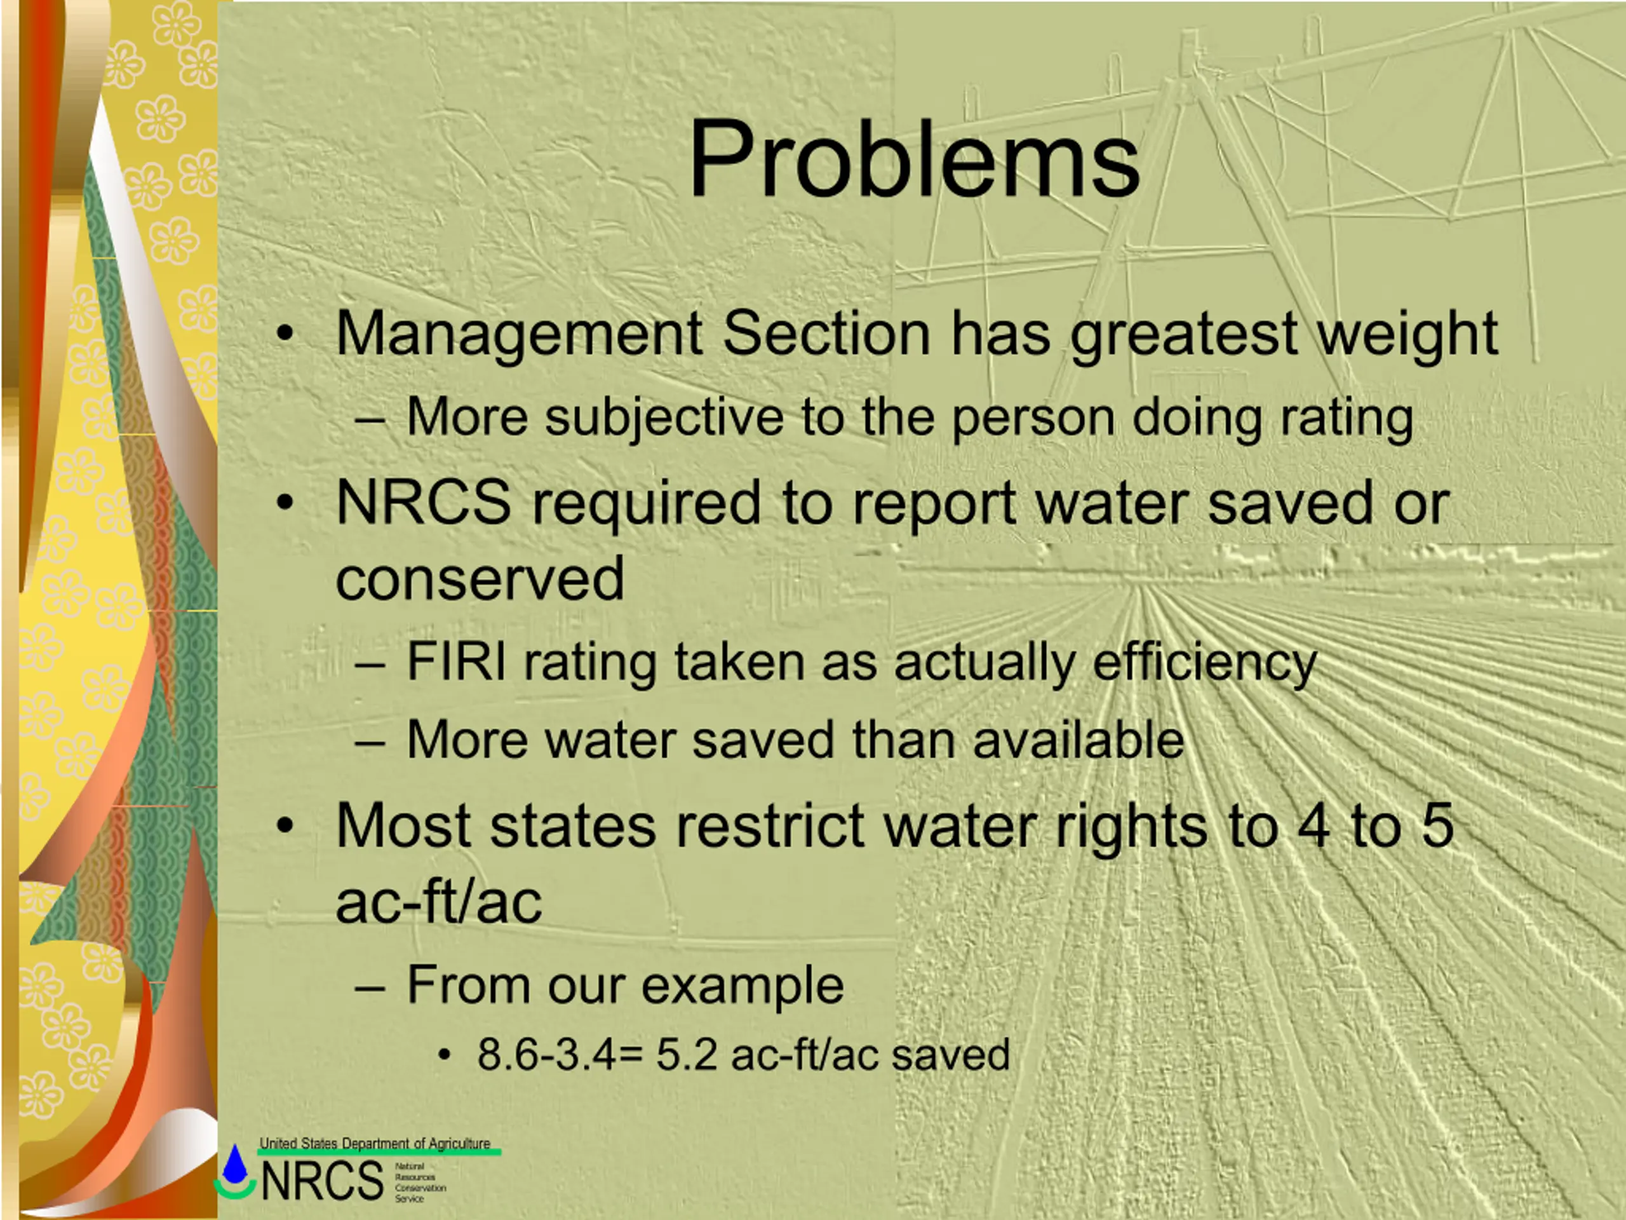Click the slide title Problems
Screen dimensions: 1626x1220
[x=914, y=159]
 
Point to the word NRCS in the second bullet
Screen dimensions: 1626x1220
[x=424, y=502]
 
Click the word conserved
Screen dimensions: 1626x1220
[x=480, y=579]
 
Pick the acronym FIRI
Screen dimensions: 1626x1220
[x=456, y=662]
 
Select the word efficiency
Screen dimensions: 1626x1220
[x=1205, y=664]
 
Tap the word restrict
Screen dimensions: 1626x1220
[x=770, y=826]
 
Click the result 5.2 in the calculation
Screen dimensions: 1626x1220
[x=687, y=1055]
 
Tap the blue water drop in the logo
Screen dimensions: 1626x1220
[x=235, y=1163]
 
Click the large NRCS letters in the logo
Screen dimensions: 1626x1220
[x=323, y=1181]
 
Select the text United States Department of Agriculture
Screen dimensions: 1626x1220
[x=375, y=1144]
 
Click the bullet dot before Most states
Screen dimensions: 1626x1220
[x=285, y=826]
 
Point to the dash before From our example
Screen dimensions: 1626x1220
[x=369, y=989]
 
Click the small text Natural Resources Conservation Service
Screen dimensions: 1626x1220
[x=420, y=1183]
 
